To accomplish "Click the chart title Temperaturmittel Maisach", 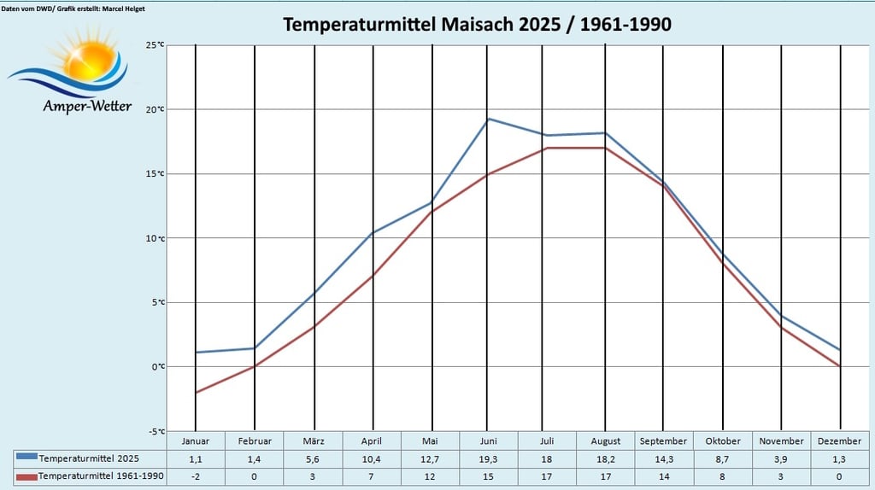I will (x=477, y=24).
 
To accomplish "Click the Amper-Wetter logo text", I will (x=87, y=107).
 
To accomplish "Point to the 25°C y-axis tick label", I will (x=155, y=45).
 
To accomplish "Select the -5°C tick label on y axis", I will (x=155, y=431).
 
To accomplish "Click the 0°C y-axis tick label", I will (x=157, y=367).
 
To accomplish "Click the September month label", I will (x=663, y=441).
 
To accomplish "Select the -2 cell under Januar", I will (x=195, y=475).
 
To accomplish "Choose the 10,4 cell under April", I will (x=372, y=458).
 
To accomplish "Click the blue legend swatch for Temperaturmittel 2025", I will (x=26, y=458).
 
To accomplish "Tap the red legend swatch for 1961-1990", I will (x=26, y=475).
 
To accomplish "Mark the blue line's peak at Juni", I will (x=487, y=119).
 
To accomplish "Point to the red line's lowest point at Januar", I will (x=196, y=393).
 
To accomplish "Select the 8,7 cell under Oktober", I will (x=722, y=458).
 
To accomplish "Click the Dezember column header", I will (x=839, y=441).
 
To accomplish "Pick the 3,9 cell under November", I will (x=782, y=458).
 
